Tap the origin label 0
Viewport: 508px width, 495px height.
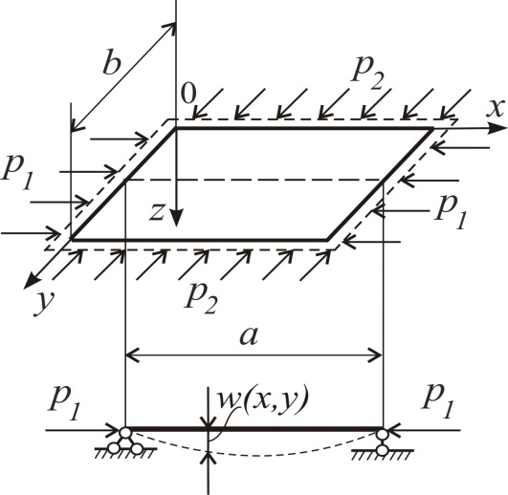point(188,94)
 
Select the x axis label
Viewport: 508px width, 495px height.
point(496,108)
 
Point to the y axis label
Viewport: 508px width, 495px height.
point(44,304)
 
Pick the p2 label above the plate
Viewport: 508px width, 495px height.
point(368,74)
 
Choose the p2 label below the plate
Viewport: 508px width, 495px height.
point(201,296)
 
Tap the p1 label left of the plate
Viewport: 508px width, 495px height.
point(17,174)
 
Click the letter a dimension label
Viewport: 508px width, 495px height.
point(249,335)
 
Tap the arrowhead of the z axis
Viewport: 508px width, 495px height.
point(177,219)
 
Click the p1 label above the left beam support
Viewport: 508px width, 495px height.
point(65,402)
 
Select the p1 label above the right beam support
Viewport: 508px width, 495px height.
point(438,400)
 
